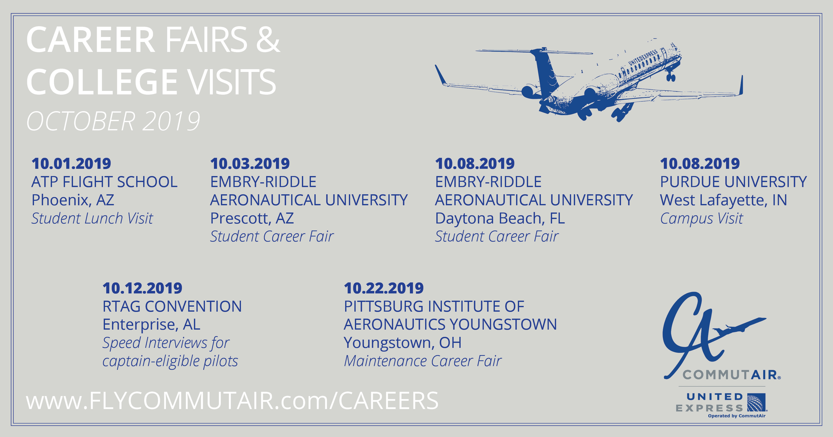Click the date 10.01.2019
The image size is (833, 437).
click(71, 164)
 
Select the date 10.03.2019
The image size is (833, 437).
click(250, 164)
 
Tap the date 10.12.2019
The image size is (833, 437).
click(142, 288)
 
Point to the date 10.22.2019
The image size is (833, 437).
click(384, 288)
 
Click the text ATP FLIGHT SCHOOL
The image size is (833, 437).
click(104, 182)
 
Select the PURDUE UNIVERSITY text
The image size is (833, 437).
click(733, 182)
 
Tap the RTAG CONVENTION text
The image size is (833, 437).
click(172, 306)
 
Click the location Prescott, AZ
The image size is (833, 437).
click(252, 218)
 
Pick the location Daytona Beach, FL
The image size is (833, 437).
click(500, 218)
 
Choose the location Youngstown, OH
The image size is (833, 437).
click(402, 343)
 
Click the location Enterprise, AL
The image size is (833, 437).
click(151, 325)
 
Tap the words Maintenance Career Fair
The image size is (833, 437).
click(422, 361)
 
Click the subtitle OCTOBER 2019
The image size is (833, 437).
click(113, 121)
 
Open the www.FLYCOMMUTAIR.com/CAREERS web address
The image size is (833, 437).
click(232, 401)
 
